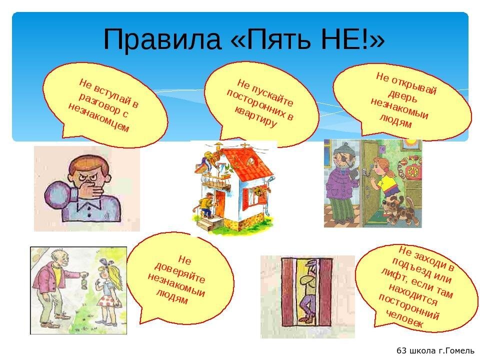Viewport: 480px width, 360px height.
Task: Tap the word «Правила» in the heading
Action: [x=162, y=39]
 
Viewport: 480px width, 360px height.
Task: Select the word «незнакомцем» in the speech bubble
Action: [x=98, y=117]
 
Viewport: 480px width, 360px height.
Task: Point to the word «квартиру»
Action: [x=255, y=117]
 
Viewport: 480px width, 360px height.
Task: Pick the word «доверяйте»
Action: [x=179, y=273]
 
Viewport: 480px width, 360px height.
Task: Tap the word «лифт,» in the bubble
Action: [x=394, y=275]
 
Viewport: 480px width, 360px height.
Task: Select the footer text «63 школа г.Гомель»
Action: [x=435, y=350]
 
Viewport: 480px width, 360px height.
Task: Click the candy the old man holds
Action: [x=84, y=282]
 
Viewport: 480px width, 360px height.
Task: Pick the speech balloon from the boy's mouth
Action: [x=57, y=196]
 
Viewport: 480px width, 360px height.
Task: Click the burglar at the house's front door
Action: [x=205, y=205]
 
